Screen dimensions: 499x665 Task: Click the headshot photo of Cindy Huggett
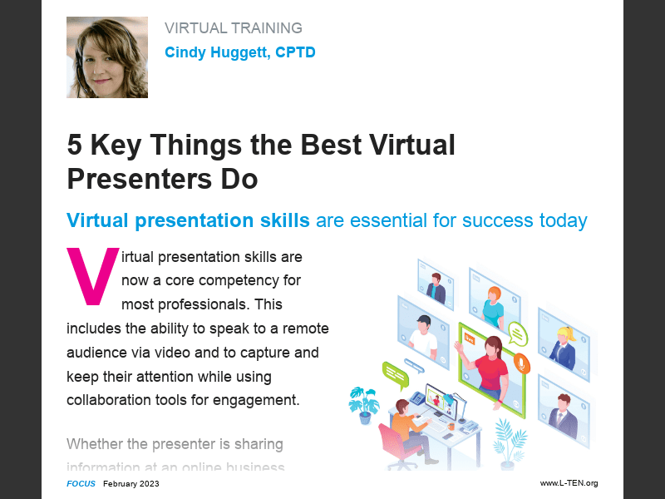107,57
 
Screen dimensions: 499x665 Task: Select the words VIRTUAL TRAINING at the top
234,28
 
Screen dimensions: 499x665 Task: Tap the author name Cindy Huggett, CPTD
239,52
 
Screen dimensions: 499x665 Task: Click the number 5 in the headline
75,146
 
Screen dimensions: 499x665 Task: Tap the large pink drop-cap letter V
92,274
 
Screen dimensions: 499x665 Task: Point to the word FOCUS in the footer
81,483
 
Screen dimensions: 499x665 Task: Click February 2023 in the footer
131,483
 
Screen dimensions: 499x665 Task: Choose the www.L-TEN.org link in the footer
569,483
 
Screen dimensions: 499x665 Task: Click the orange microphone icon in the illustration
521,363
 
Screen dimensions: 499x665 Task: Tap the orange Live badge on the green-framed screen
470,339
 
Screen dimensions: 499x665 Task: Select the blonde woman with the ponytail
564,345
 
